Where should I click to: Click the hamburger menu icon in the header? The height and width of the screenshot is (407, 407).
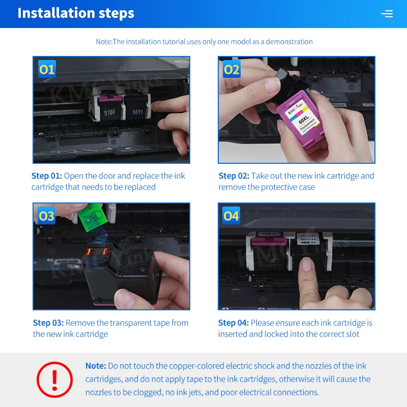(x=387, y=14)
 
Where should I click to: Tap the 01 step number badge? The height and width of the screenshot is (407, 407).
(x=47, y=69)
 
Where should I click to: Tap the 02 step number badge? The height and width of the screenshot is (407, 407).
(x=231, y=69)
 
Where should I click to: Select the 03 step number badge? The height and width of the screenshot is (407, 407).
(x=47, y=215)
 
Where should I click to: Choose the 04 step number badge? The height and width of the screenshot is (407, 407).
(x=231, y=215)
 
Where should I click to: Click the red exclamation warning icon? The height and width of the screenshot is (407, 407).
(x=54, y=380)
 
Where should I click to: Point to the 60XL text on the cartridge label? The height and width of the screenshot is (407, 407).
(x=303, y=120)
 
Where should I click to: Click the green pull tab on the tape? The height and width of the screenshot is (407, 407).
(x=93, y=217)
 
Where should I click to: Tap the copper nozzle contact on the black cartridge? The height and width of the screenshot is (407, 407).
(x=97, y=251)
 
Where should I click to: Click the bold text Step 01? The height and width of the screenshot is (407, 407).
(x=47, y=176)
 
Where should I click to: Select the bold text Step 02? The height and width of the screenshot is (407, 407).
(x=234, y=176)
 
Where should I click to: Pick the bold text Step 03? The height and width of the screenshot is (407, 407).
(x=48, y=323)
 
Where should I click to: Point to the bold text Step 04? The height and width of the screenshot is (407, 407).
(x=234, y=323)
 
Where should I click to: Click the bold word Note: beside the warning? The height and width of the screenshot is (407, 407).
(x=96, y=366)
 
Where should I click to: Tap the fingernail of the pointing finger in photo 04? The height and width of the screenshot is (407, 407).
(x=307, y=264)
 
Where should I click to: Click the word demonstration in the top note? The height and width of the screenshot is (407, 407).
(x=289, y=42)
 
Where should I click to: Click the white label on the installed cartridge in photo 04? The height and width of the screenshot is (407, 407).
(x=308, y=239)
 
